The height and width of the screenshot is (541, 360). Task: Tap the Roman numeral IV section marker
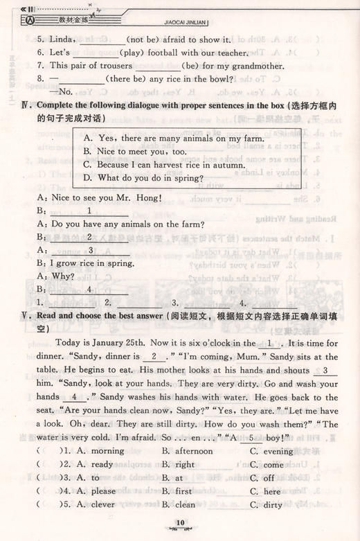click(x=24, y=105)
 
